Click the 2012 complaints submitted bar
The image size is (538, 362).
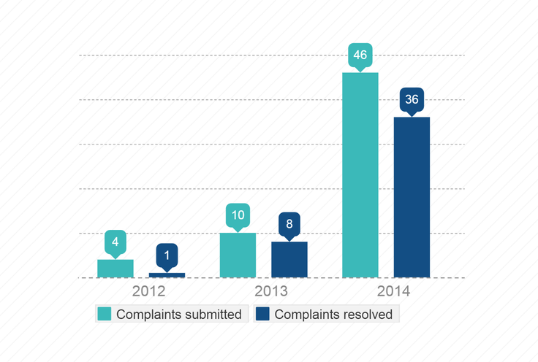pyautogui.click(x=115, y=269)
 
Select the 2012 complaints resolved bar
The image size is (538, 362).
pyautogui.click(x=167, y=275)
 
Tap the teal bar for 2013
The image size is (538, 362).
pyautogui.click(x=238, y=255)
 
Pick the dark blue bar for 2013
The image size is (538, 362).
pyautogui.click(x=289, y=260)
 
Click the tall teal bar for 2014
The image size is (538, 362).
pyautogui.click(x=360, y=175)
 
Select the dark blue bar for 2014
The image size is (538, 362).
pyautogui.click(x=412, y=197)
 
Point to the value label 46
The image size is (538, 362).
pyautogui.click(x=360, y=55)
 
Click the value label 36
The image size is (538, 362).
pyautogui.click(x=412, y=99)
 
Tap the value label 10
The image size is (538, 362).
pyautogui.click(x=238, y=215)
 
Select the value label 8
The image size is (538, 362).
pyautogui.click(x=289, y=224)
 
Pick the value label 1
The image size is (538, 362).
pyautogui.click(x=167, y=255)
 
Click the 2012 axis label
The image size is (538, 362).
pyautogui.click(x=148, y=292)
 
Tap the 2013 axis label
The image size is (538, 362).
pyautogui.click(x=270, y=292)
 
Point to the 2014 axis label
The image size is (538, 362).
pyautogui.click(x=393, y=292)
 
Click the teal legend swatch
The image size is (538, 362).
pyautogui.click(x=105, y=315)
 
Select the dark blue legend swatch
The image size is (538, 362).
pyautogui.click(x=263, y=315)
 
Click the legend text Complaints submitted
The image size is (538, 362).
pyautogui.click(x=178, y=315)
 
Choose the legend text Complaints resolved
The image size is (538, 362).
pyautogui.click(x=333, y=315)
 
